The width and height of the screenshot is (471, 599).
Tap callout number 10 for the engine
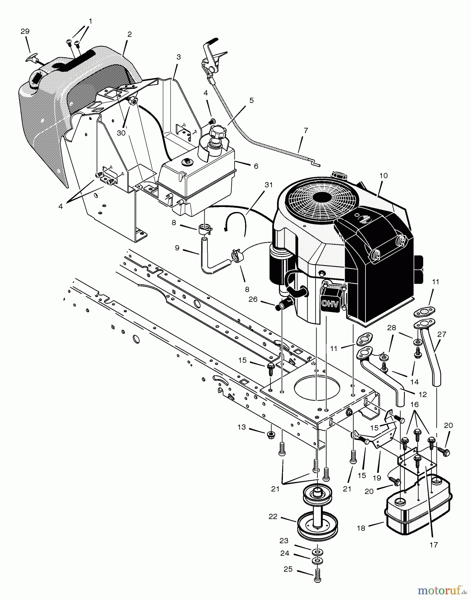pos(383,175)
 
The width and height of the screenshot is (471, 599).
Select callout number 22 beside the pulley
pos(273,517)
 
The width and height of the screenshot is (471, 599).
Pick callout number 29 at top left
pos(25,32)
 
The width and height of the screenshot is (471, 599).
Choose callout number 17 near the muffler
pos(433,545)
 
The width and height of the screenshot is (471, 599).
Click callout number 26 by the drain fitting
pos(253,299)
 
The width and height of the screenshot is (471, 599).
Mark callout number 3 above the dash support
pos(178,57)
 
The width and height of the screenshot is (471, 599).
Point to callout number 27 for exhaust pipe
pos(441,334)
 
